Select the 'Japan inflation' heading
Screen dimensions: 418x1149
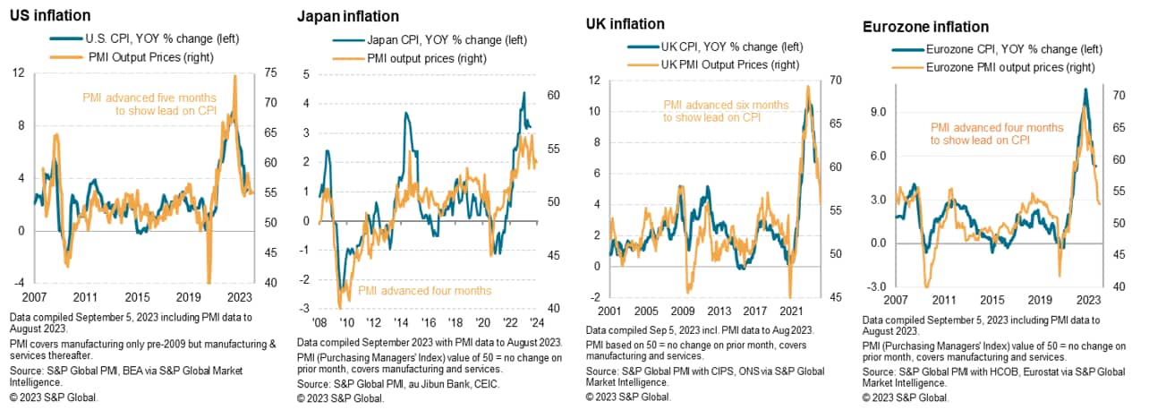pos(348,16)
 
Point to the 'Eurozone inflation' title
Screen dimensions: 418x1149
pos(925,27)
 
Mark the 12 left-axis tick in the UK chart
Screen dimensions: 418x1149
pos(593,81)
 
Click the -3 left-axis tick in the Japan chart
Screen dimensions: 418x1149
pos(307,280)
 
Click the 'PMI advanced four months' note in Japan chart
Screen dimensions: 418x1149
pos(424,291)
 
